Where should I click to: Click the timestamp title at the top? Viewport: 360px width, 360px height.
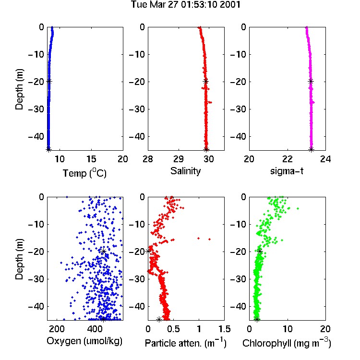click(x=185, y=5)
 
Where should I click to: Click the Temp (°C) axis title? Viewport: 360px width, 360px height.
click(x=84, y=173)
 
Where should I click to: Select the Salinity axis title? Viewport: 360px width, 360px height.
click(x=185, y=171)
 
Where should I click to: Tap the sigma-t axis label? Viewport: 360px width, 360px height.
click(x=287, y=171)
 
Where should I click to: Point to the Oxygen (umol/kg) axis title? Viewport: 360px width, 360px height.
click(x=84, y=341)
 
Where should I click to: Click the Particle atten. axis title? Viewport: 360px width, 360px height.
click(x=186, y=343)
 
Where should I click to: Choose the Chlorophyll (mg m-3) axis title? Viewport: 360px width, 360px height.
click(x=287, y=343)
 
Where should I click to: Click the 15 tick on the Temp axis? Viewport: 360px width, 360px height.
click(x=91, y=159)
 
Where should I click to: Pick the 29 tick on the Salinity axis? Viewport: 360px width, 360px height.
click(x=179, y=159)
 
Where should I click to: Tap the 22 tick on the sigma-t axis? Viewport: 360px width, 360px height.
click(x=287, y=159)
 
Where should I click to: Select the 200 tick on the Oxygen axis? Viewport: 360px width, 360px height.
click(x=57, y=329)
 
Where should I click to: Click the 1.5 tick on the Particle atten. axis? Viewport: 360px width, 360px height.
click(x=224, y=329)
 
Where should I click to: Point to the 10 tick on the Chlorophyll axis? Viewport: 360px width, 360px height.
click(x=287, y=329)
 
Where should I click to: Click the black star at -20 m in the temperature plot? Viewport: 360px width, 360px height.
click(x=49, y=81)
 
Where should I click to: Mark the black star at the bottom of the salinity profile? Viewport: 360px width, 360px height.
click(x=206, y=149)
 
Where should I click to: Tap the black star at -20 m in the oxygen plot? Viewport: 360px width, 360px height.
click(x=103, y=251)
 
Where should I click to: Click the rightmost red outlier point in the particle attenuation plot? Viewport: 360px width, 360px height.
click(x=210, y=239)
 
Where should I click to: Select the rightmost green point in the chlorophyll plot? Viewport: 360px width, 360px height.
click(x=298, y=208)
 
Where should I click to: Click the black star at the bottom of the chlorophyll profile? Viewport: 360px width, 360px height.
click(x=257, y=319)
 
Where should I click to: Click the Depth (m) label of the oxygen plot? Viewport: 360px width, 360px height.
click(x=19, y=259)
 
